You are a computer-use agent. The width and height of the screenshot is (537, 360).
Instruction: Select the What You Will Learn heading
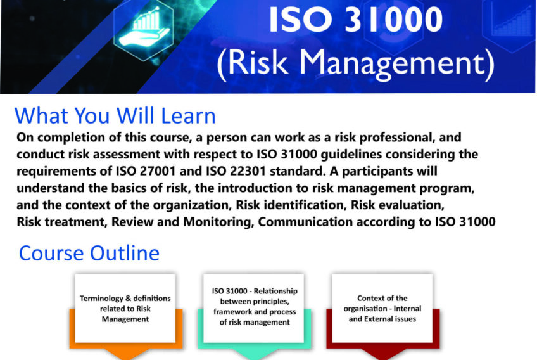[x=115, y=117]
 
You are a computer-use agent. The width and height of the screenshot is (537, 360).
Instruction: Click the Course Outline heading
[x=89, y=254]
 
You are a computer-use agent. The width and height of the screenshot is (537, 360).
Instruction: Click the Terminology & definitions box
[x=125, y=309]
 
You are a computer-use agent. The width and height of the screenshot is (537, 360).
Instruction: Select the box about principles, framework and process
[x=255, y=306]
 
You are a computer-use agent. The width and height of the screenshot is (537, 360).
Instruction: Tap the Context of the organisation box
[x=382, y=308]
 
